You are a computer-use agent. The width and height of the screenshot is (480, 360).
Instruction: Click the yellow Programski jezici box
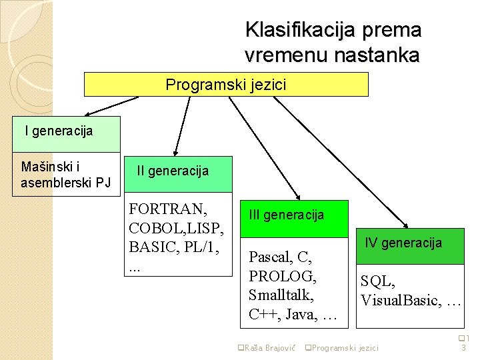pyautogui.click(x=226, y=85)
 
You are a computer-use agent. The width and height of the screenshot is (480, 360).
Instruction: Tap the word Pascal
pyautogui.click(x=271, y=256)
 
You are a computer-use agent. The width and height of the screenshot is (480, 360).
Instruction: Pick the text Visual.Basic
pyautogui.click(x=400, y=301)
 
